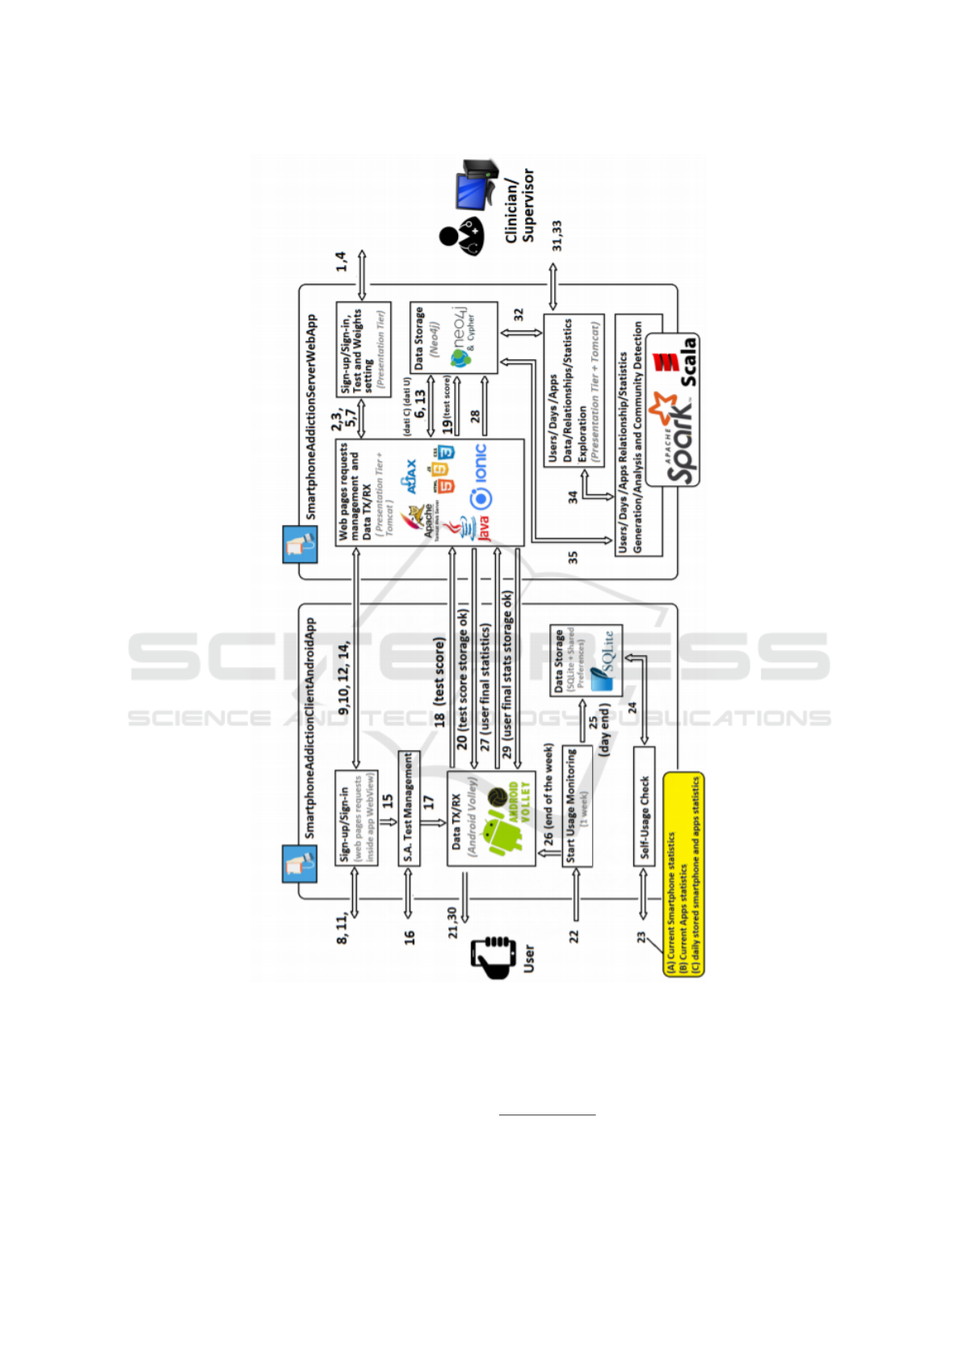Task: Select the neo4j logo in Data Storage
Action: [460, 339]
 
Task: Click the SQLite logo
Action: [604, 661]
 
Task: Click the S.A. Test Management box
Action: [409, 808]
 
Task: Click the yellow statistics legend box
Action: [683, 875]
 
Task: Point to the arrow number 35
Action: [573, 557]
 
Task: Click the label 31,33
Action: [557, 235]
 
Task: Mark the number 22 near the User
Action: [574, 936]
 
